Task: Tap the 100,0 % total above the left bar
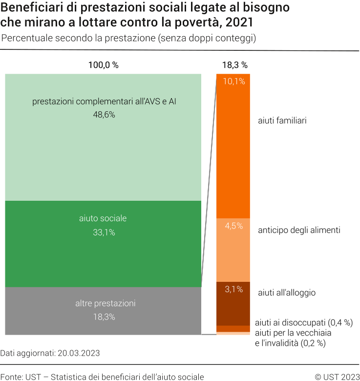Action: click(x=103, y=65)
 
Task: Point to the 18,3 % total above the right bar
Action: click(x=234, y=65)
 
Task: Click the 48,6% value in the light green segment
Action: click(x=104, y=114)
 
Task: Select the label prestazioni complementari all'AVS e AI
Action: click(x=104, y=102)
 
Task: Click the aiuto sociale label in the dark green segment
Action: click(x=103, y=218)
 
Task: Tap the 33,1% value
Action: click(x=104, y=233)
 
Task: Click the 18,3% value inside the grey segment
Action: click(x=104, y=317)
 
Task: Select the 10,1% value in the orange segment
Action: click(x=233, y=82)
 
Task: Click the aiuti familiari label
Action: click(x=282, y=120)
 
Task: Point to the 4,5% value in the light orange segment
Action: click(x=233, y=226)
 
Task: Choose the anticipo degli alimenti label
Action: click(x=299, y=230)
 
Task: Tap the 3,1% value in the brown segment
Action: click(x=233, y=289)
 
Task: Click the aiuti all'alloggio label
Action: click(x=287, y=293)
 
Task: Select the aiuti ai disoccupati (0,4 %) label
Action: click(x=304, y=322)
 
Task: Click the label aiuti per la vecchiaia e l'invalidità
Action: click(x=293, y=338)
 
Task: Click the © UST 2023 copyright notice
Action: click(x=337, y=377)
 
